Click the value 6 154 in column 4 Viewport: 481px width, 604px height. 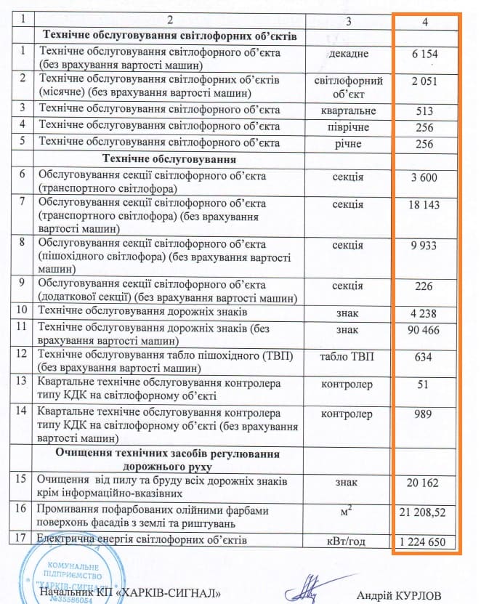[425, 55]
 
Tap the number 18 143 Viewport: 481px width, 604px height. [425, 206]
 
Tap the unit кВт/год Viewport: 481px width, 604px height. [348, 541]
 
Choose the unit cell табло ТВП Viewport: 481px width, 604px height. [348, 358]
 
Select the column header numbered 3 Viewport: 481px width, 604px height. [348, 21]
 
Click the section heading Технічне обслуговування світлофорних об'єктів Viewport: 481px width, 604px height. [171, 36]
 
